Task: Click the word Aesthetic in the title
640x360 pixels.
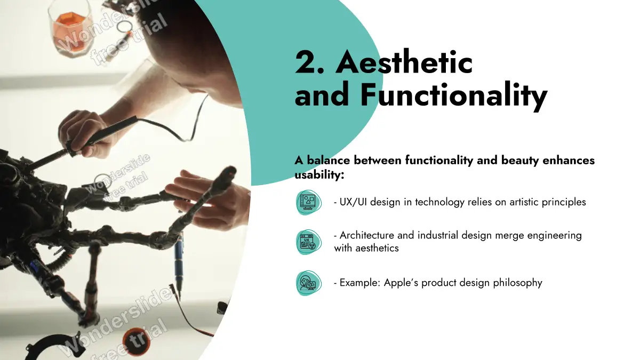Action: pyautogui.click(x=404, y=62)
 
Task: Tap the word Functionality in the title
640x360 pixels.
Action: pyautogui.click(x=454, y=94)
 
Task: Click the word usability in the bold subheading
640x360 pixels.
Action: pyautogui.click(x=319, y=175)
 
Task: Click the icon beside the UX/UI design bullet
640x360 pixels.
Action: pyautogui.click(x=309, y=202)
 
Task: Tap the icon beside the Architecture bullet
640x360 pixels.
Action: pyautogui.click(x=309, y=242)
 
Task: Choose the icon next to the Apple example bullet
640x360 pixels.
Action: pyautogui.click(x=309, y=283)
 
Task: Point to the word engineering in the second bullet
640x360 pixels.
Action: pyautogui.click(x=554, y=236)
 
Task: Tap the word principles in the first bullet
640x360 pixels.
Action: pyautogui.click(x=564, y=202)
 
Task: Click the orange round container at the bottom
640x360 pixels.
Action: pyautogui.click(x=137, y=341)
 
